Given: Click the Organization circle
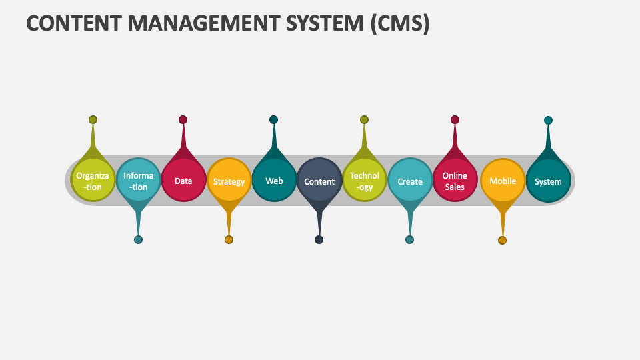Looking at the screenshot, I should click(x=93, y=181).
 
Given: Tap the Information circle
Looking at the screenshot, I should click(x=139, y=181).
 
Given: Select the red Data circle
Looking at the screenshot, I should click(x=183, y=181).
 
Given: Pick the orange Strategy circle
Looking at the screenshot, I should click(x=229, y=181).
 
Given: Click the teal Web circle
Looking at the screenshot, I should click(x=274, y=181).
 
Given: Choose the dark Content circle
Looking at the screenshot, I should click(x=319, y=181).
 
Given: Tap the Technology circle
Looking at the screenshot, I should click(x=365, y=181).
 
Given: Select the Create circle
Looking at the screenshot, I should click(x=410, y=181).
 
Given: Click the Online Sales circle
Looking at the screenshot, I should click(x=455, y=181).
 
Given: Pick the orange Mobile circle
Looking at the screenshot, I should click(x=503, y=181).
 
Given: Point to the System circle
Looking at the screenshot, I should click(x=548, y=181).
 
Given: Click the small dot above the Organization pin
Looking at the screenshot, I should click(x=93, y=120).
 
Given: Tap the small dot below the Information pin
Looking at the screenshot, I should click(x=138, y=240).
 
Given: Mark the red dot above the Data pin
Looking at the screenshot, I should click(x=183, y=120).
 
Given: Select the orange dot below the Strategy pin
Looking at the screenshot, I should click(x=229, y=240).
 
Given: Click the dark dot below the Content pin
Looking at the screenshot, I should click(x=319, y=240).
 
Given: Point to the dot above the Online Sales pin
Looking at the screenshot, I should click(x=455, y=120).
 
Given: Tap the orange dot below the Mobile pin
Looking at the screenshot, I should click(x=502, y=241).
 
